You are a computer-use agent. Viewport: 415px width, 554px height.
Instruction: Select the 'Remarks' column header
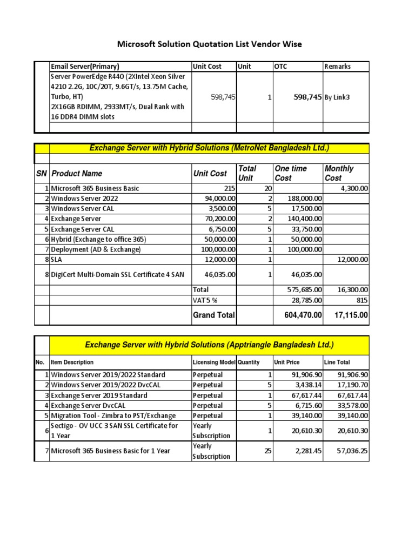click(x=337, y=67)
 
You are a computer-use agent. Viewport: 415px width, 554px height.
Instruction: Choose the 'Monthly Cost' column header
click(x=339, y=173)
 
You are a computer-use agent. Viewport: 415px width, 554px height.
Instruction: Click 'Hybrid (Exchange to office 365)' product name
click(x=98, y=239)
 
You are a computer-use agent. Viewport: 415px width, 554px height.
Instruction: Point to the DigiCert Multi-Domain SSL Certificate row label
click(x=117, y=275)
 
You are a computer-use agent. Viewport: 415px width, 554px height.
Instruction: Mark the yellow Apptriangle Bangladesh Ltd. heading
click(x=209, y=345)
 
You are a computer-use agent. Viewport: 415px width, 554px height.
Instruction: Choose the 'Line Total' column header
click(x=337, y=362)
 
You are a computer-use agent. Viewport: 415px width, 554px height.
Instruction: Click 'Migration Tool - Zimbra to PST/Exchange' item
click(x=113, y=415)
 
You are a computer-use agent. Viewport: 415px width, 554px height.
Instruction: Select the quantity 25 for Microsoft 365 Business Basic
click(x=267, y=451)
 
